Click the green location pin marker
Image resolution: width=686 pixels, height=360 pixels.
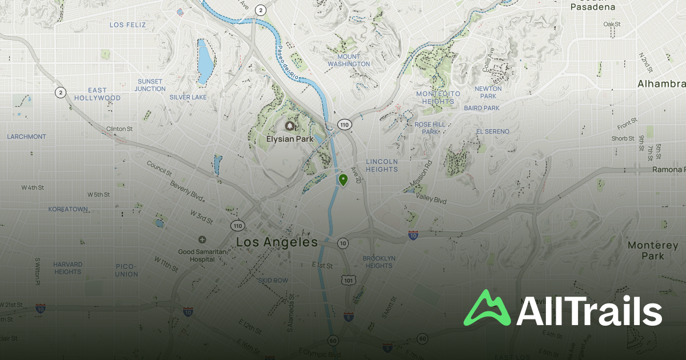(343, 180)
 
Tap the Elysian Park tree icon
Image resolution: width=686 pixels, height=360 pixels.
(290, 126)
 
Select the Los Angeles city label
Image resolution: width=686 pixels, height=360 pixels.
(277, 242)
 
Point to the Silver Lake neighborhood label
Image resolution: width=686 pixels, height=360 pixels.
(188, 97)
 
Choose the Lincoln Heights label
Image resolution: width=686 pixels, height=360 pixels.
(382, 165)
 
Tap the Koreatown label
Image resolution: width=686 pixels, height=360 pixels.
(68, 209)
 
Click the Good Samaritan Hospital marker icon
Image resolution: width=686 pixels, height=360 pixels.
(202, 239)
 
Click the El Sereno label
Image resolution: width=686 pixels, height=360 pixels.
(493, 131)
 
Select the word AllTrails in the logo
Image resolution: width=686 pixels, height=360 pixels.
(589, 311)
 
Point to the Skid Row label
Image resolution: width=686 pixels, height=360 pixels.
(273, 281)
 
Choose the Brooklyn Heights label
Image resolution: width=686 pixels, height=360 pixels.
(379, 262)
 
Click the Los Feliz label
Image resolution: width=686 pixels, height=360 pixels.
(128, 25)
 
